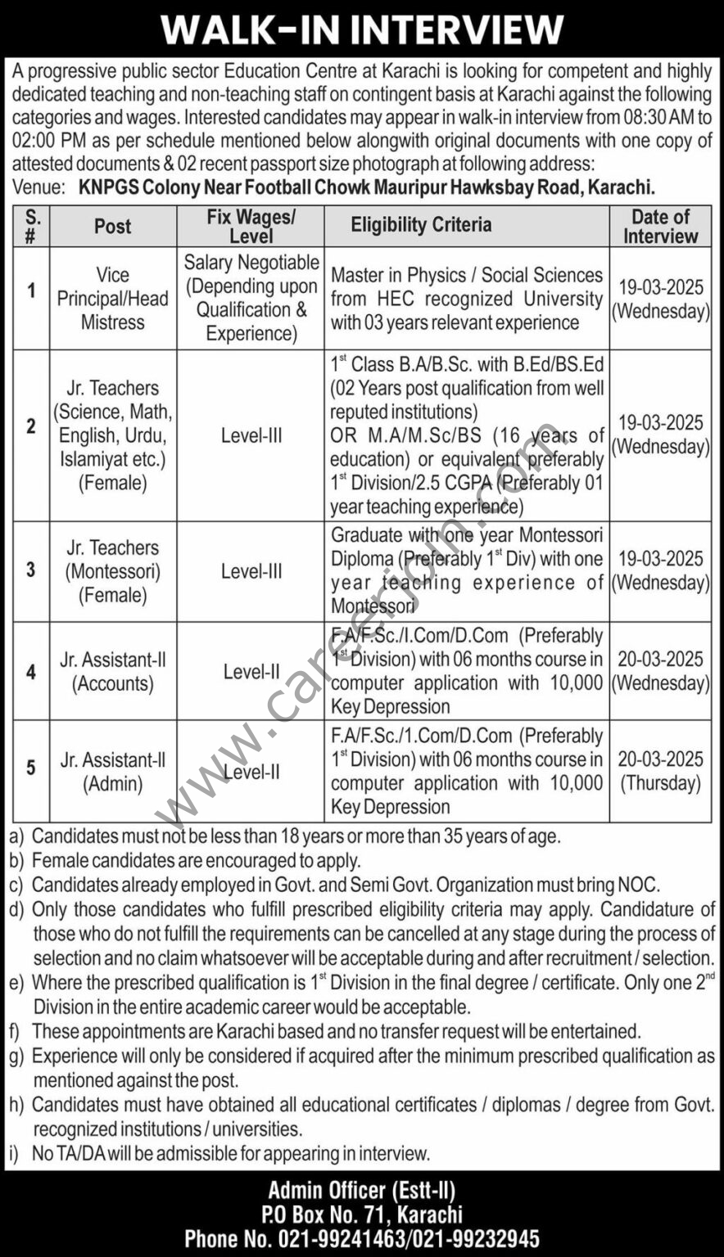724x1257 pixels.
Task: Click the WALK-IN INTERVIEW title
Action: coord(361,30)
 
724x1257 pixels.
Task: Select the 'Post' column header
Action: coord(112,226)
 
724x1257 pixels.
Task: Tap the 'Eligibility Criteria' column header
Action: coord(421,225)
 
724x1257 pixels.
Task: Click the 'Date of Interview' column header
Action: coord(660,226)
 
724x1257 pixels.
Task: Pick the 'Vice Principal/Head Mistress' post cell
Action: coord(112,299)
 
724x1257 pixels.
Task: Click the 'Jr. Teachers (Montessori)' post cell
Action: coord(112,571)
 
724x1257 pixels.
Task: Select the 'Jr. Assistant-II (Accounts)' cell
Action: coord(112,671)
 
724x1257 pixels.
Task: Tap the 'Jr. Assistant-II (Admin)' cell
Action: coord(112,772)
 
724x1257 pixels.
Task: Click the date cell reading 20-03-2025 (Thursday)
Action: coord(660,771)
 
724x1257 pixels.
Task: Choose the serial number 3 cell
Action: coord(31,570)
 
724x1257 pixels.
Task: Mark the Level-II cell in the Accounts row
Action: coord(251,672)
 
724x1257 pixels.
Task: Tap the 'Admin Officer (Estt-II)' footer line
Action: coord(361,1190)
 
